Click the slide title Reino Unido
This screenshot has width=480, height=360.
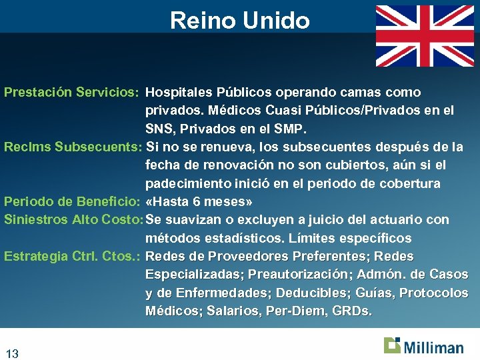(x=239, y=20)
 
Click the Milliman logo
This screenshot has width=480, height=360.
(x=423, y=346)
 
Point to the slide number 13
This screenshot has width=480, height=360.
(x=11, y=353)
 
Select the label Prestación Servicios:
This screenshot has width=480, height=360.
(x=71, y=92)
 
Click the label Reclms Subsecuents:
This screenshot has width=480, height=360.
(x=73, y=147)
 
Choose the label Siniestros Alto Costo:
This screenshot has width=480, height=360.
(x=73, y=220)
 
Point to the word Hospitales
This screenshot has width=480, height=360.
(x=177, y=92)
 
